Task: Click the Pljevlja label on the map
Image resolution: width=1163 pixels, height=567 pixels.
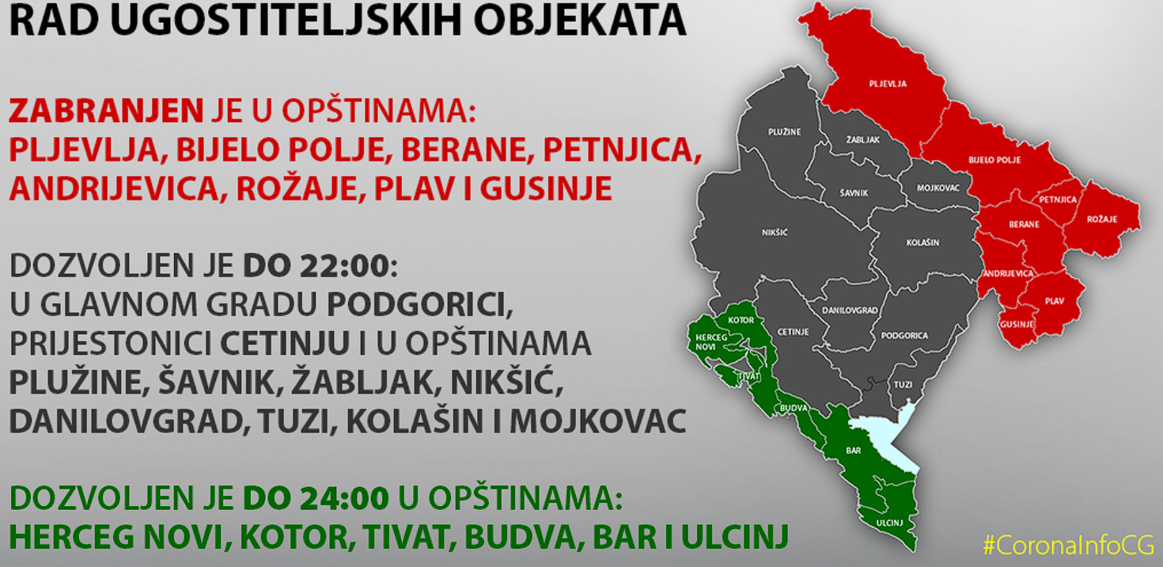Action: click(888, 84)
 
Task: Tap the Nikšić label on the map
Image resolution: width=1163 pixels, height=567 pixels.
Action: click(775, 232)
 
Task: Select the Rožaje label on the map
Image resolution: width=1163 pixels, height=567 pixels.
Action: click(1102, 219)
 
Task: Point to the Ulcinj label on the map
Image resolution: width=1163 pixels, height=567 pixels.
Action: click(890, 523)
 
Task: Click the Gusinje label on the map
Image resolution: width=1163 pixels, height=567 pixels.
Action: click(1017, 325)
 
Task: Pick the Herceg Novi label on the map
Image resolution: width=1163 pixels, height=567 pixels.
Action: click(710, 342)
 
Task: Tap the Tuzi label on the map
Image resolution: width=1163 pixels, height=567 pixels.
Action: click(903, 385)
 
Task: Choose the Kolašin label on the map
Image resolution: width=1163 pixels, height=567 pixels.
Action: click(922, 242)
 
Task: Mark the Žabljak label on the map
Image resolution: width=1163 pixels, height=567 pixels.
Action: click(863, 140)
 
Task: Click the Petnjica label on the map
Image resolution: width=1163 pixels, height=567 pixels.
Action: click(1058, 200)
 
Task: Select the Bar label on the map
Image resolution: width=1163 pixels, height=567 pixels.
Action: click(854, 451)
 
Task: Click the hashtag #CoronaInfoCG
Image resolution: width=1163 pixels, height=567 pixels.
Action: click(1069, 546)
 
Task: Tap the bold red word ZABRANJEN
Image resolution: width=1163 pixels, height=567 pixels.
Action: click(107, 111)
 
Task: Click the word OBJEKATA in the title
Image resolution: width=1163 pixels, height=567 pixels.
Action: click(580, 21)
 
